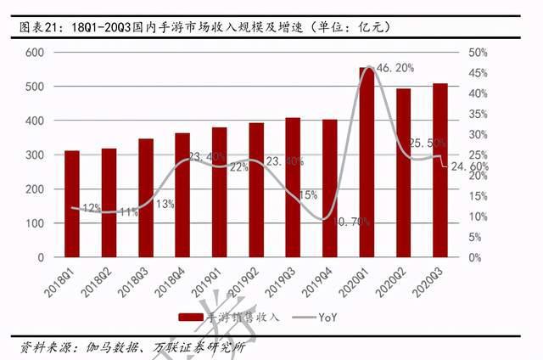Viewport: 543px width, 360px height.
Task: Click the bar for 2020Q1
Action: [366, 162]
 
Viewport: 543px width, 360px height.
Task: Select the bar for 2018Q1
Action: [72, 204]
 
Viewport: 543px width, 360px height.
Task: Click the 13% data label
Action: [165, 204]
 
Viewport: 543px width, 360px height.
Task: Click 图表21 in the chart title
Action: [41, 26]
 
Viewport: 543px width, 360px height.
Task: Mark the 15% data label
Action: [308, 194]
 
